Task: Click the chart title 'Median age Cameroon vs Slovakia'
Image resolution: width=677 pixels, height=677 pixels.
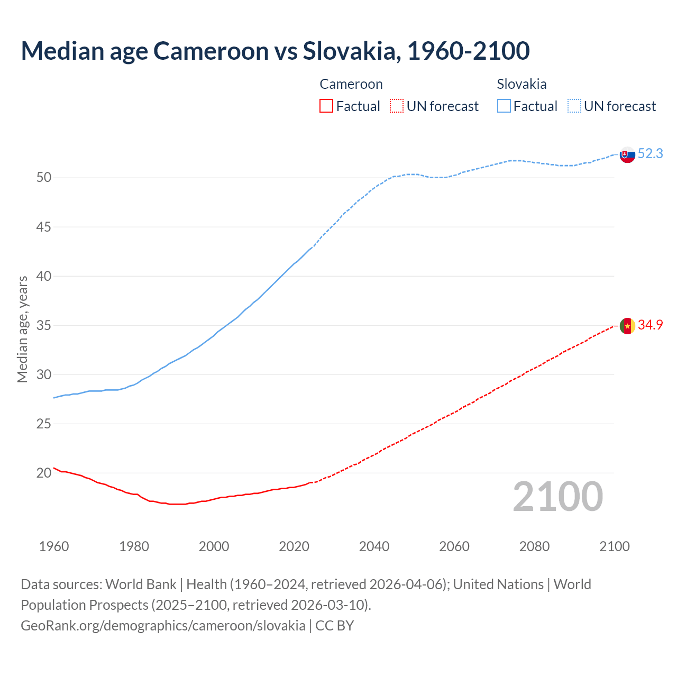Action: click(275, 51)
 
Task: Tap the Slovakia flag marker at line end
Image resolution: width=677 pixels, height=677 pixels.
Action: click(627, 154)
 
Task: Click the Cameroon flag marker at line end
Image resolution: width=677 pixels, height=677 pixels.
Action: click(627, 326)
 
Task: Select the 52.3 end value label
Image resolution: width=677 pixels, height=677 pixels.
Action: click(650, 154)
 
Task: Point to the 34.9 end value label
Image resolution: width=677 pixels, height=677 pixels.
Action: click(650, 325)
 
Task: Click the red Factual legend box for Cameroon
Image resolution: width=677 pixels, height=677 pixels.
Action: click(326, 106)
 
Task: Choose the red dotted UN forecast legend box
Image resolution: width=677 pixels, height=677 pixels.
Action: click(397, 106)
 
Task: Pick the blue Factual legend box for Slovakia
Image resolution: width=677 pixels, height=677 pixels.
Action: click(504, 106)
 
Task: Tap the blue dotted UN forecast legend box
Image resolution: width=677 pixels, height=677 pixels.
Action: click(574, 106)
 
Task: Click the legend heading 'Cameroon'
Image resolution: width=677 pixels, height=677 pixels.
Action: click(351, 84)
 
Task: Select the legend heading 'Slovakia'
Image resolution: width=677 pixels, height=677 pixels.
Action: click(522, 84)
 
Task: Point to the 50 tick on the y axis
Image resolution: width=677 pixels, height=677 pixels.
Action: click(44, 178)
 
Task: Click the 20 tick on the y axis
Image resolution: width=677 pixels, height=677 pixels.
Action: click(44, 473)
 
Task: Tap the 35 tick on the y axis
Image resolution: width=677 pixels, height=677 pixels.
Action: click(44, 326)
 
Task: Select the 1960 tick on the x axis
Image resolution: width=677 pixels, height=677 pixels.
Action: click(54, 546)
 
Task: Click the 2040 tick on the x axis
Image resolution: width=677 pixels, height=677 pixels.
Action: click(374, 546)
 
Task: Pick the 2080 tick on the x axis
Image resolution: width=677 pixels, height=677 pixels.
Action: click(534, 546)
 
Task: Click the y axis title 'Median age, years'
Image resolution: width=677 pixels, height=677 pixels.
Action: click(22, 329)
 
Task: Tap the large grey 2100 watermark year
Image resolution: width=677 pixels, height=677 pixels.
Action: click(558, 497)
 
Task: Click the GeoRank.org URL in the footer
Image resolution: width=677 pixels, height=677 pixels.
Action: click(163, 626)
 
